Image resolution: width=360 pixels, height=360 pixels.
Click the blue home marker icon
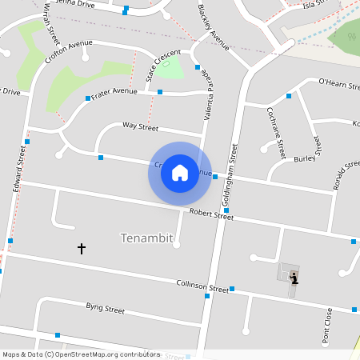tap(180, 173)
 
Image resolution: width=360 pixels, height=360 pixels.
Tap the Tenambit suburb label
tap(146, 238)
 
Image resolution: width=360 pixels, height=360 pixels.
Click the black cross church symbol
tap(81, 249)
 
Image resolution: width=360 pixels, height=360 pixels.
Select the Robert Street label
tap(211, 215)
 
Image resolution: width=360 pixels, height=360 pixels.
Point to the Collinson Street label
tap(202, 286)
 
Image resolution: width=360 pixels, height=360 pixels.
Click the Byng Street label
tap(105, 308)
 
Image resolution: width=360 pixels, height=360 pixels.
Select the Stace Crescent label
tap(162, 65)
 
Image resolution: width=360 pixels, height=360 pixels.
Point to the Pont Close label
tap(327, 327)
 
